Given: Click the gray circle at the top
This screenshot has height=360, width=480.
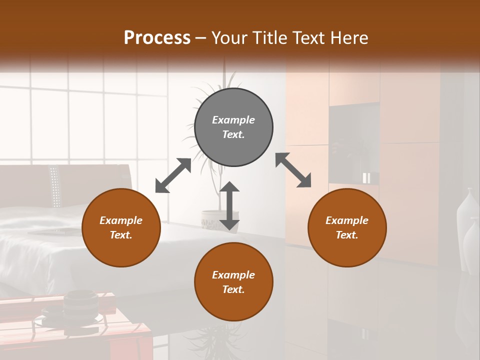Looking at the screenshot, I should (233, 127).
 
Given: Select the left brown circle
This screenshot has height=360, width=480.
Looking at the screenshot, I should (121, 227).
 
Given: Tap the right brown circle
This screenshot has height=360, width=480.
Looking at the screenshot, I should (347, 227).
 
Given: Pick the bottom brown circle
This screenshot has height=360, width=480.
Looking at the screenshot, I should (233, 281).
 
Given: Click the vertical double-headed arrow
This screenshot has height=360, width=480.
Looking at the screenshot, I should (229, 205).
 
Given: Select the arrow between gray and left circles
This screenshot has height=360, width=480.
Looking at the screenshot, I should (173, 175).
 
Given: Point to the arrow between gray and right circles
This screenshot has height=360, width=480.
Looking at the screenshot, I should (293, 170).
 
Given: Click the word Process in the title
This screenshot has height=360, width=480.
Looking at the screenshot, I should (157, 38).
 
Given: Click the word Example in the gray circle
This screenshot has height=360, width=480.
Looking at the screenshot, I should (233, 120).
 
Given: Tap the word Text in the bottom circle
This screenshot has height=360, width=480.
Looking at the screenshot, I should (232, 289).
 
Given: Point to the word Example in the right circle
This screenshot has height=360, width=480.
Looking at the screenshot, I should (347, 220).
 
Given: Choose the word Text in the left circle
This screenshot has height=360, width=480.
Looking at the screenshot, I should (120, 235).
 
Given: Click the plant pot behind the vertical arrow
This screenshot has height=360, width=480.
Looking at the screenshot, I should (212, 220).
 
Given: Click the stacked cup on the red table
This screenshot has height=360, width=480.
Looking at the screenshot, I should (80, 305).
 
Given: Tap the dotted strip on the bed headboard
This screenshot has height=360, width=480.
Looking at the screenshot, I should (55, 187).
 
